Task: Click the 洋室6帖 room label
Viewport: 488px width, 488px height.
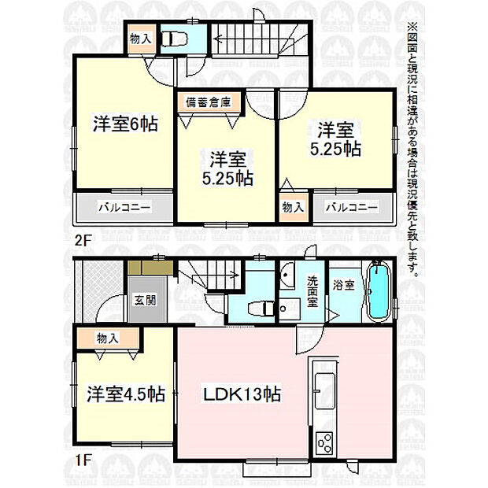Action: (x=125, y=124)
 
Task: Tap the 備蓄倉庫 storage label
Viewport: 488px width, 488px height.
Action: (x=209, y=102)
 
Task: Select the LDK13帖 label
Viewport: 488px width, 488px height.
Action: (x=242, y=394)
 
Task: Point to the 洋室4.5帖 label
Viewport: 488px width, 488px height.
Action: (x=126, y=394)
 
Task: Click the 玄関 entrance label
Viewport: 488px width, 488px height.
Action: (x=146, y=300)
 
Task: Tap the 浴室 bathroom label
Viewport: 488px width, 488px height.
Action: (x=344, y=285)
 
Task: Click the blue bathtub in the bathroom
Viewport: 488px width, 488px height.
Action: (x=379, y=290)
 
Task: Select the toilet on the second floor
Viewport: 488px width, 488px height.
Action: (x=175, y=39)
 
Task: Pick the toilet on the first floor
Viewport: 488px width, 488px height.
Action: (x=261, y=309)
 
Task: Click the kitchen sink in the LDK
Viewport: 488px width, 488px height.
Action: (x=324, y=391)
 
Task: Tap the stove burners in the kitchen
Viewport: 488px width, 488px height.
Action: (x=324, y=443)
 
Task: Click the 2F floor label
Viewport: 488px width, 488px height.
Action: (x=82, y=240)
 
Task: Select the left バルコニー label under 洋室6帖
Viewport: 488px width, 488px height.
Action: (x=124, y=207)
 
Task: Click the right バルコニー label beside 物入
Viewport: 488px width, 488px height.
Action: (x=352, y=207)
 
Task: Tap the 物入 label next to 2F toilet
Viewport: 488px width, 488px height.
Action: (x=141, y=39)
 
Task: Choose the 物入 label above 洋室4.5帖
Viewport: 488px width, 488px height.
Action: (x=107, y=338)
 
